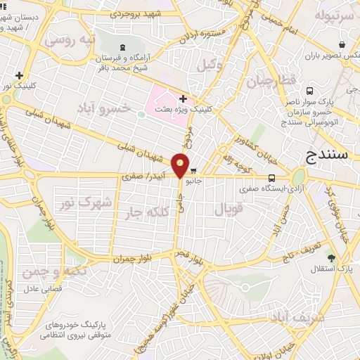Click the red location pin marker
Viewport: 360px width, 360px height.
(x=181, y=165)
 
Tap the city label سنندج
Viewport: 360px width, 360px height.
(x=328, y=155)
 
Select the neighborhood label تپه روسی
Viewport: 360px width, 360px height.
(x=69, y=40)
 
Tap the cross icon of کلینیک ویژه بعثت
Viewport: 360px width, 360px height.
(x=183, y=99)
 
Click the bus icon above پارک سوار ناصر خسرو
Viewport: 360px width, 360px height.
(x=311, y=91)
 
